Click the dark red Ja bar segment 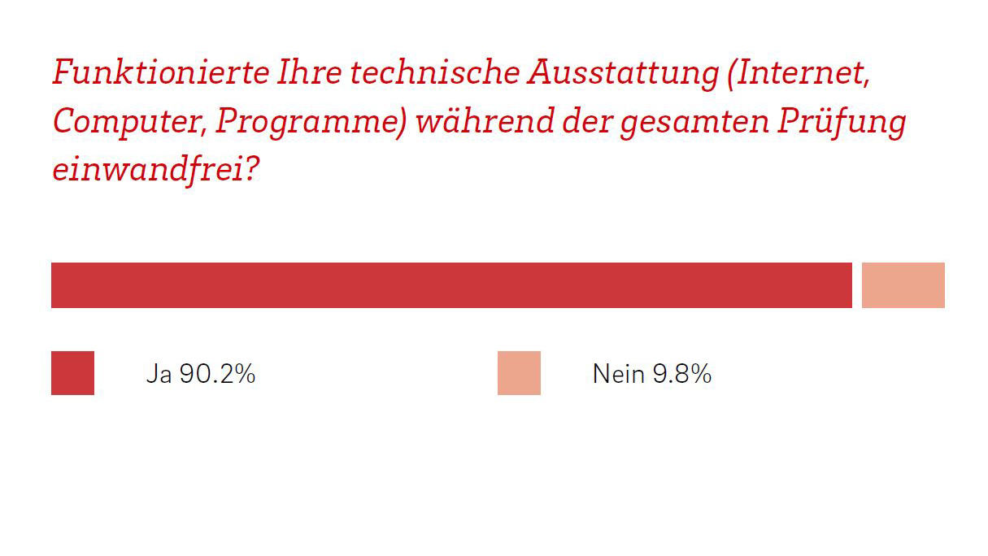point(451,285)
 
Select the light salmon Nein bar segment point(903,285)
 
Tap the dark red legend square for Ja point(72,373)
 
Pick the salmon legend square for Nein point(519,373)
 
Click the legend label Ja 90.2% point(201,374)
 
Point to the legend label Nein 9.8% point(652,374)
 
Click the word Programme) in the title point(311,123)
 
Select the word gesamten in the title point(690,123)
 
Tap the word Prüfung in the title point(843,123)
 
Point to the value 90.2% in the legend point(218,374)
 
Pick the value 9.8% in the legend point(681,374)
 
